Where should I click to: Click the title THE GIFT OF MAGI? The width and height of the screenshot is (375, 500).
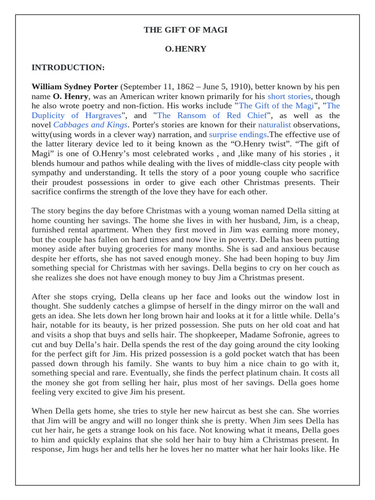point(186,30)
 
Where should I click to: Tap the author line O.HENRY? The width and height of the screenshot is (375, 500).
point(186,49)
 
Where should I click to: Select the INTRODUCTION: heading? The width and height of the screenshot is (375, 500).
point(68,67)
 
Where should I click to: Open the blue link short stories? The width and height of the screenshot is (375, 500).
point(289,96)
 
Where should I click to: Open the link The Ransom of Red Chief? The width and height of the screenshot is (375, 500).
point(212,115)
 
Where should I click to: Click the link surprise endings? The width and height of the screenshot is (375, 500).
point(238,134)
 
